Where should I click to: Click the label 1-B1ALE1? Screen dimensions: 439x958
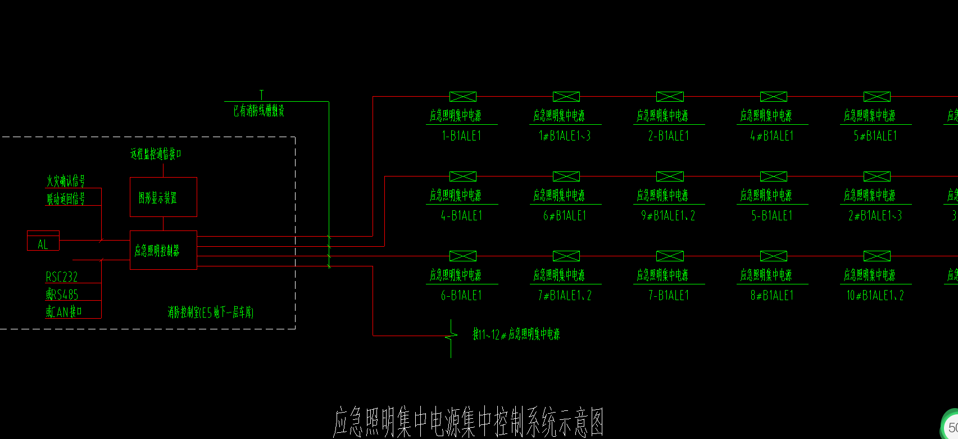coord(461,136)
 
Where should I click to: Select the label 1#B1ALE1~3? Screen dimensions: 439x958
coord(565,136)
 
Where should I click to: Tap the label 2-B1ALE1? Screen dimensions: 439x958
coord(668,136)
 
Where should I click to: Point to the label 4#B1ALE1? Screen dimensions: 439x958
coord(771,136)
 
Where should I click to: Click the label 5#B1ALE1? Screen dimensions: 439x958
coord(875,136)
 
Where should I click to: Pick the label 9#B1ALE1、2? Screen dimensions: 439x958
coord(668,216)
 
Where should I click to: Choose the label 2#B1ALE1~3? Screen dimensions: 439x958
coord(875,216)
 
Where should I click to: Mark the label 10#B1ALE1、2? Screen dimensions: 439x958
coord(875,296)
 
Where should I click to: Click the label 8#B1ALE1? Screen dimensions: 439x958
coord(771,296)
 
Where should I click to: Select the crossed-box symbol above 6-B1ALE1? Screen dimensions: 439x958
coord(463,256)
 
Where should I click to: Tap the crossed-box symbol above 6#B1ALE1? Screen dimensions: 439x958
coord(566,176)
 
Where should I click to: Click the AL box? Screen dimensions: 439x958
coord(43,241)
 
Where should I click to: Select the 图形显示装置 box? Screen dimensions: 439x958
coord(164,197)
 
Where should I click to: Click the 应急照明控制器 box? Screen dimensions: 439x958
coord(164,250)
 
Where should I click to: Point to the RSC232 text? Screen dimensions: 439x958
coord(62,277)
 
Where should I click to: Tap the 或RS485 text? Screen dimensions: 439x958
coord(62,295)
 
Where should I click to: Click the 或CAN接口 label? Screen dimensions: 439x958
coord(64,312)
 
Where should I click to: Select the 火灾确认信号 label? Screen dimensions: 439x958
coord(66,181)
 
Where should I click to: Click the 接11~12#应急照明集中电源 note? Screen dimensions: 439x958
coord(516,335)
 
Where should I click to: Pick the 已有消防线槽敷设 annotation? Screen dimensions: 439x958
coord(259,111)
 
